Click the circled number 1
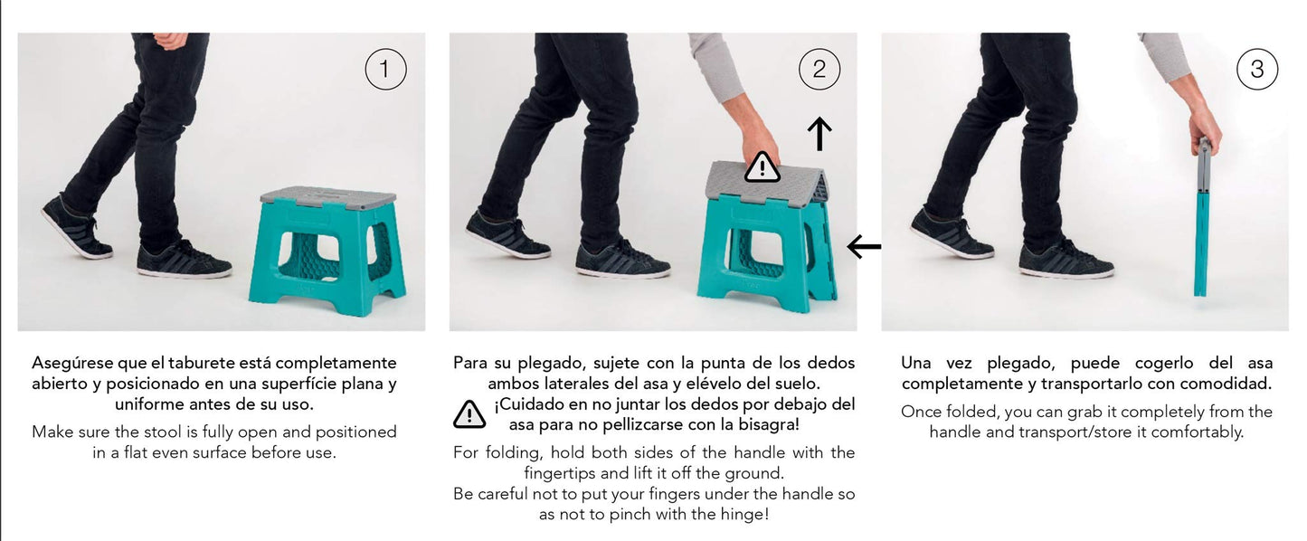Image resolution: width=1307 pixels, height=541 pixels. click(385, 70)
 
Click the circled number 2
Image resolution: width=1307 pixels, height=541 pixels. click(819, 70)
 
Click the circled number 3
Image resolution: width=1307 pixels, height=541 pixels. click(1256, 70)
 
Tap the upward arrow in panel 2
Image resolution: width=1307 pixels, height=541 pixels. click(819, 133)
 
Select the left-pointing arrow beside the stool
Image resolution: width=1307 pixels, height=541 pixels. click(864, 246)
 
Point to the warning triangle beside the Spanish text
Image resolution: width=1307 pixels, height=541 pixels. click(469, 413)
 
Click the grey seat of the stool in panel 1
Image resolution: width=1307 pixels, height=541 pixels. click(328, 196)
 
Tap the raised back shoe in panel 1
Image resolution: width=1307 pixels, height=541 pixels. click(75, 228)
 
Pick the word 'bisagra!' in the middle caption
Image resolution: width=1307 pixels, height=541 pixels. click(768, 424)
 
